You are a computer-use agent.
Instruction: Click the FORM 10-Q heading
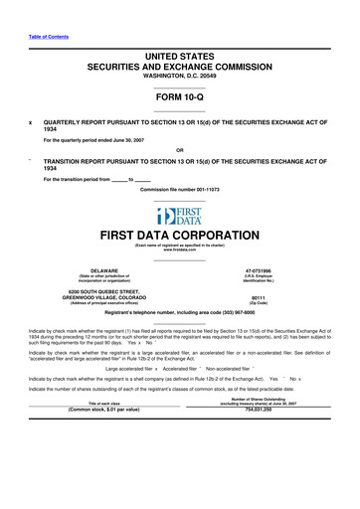[x=180, y=96]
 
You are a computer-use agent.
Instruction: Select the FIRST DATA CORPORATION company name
[x=180, y=237]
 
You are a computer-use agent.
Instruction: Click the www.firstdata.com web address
[x=180, y=251]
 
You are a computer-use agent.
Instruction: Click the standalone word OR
[x=180, y=150]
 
